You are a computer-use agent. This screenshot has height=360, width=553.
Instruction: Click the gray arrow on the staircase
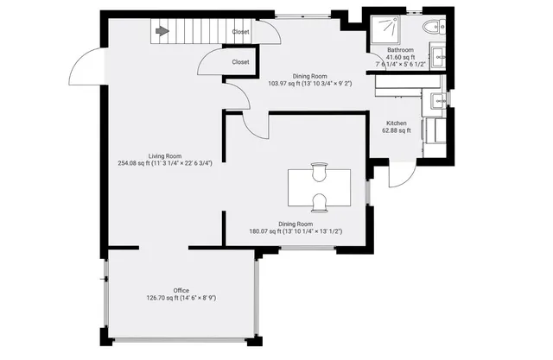(161, 31)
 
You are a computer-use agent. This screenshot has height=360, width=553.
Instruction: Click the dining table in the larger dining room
(319, 187)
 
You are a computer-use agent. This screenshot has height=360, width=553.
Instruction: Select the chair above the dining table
(319, 167)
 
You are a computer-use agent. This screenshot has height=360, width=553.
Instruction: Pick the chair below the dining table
(319, 205)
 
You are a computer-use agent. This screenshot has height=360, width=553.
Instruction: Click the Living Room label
(164, 155)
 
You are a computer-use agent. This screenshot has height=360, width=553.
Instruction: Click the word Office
(181, 290)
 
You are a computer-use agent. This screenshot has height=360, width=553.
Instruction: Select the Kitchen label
(397, 123)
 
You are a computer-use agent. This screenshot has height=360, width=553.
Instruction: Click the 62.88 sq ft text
(397, 131)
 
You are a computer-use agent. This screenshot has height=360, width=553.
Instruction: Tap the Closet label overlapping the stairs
(241, 31)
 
